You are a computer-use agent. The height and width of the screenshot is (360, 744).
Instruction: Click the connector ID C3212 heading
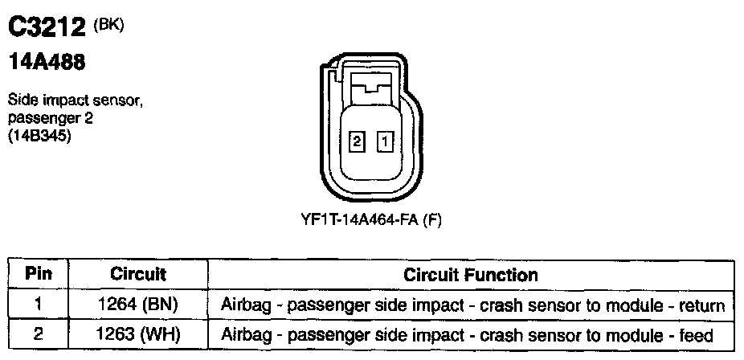47,28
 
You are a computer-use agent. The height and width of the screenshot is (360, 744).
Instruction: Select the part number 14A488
47,61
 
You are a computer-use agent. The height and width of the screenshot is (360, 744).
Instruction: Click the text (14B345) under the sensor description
40,136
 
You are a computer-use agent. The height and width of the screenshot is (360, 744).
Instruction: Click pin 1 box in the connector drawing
386,142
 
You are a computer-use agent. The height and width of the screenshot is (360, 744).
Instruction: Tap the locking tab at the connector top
372,85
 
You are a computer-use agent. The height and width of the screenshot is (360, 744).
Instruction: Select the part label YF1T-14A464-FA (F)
371,219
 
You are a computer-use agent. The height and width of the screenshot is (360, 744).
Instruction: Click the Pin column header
38,274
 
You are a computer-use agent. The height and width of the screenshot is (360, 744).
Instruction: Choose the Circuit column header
137,274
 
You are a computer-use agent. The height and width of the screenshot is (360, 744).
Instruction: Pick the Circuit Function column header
470,274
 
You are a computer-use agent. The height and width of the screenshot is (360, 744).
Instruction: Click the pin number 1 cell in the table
38,305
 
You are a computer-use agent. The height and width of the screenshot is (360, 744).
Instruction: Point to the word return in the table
702,305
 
